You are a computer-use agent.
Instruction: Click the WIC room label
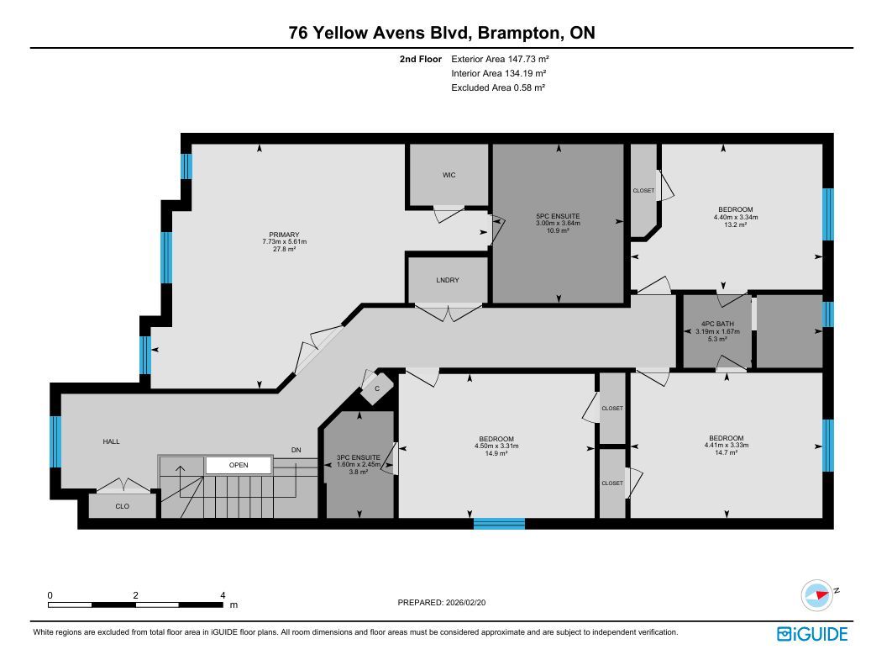pyautogui.click(x=449, y=175)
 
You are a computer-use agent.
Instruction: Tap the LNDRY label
pyautogui.click(x=448, y=280)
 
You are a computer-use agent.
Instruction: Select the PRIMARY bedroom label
pyautogui.click(x=285, y=235)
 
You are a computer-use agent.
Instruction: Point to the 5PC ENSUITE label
pyautogui.click(x=558, y=216)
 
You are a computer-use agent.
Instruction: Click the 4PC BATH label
pyautogui.click(x=717, y=324)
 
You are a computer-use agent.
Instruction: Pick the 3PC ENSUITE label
pyautogui.click(x=359, y=457)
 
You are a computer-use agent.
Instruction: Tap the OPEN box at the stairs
pyautogui.click(x=239, y=465)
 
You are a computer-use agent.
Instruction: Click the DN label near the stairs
pyautogui.click(x=296, y=450)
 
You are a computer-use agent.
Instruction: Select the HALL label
pyautogui.click(x=111, y=441)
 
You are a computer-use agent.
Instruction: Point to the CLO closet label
pyautogui.click(x=122, y=506)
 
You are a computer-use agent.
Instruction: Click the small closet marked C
pyautogui.click(x=377, y=388)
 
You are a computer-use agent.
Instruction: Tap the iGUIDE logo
pyautogui.click(x=812, y=635)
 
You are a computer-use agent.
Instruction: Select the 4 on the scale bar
pyautogui.click(x=223, y=595)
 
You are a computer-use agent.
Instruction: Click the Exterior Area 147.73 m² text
pyautogui.click(x=500, y=59)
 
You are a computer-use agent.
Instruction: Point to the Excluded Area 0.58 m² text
pyautogui.click(x=498, y=87)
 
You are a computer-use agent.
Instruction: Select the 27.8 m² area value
pyautogui.click(x=285, y=249)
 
